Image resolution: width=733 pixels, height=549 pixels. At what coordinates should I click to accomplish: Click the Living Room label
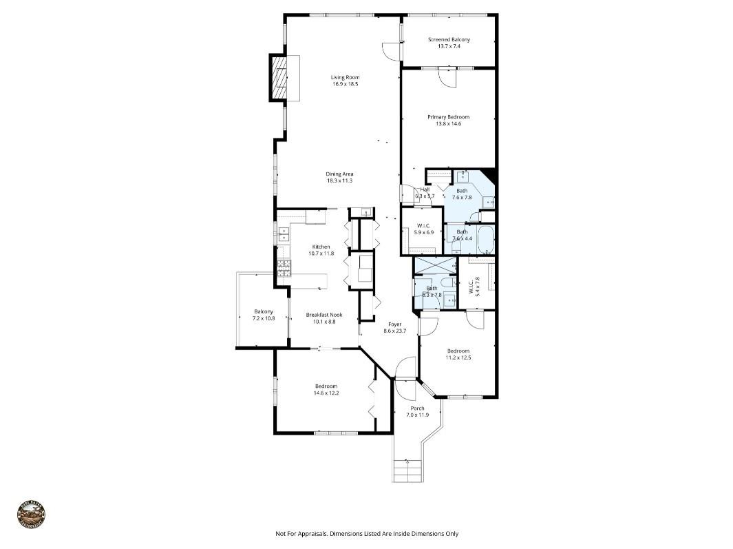pos(345,77)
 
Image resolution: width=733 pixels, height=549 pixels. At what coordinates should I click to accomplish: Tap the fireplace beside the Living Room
pos(280,77)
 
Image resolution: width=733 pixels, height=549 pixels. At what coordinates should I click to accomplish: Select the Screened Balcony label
pos(449,40)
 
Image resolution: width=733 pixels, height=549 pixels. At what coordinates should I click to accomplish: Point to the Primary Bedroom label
pos(448,117)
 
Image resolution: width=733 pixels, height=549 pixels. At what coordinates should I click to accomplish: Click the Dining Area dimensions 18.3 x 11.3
pos(339,180)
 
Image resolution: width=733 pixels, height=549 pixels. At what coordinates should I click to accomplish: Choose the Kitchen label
pos(321,247)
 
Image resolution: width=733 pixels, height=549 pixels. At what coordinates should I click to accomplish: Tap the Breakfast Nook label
pos(323,315)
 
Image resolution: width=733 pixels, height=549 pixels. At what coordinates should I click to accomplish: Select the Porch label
pos(417,408)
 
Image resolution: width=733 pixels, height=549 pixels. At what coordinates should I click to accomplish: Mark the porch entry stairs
pos(407,470)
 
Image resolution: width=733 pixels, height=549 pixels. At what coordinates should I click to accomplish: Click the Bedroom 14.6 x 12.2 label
pos(326,386)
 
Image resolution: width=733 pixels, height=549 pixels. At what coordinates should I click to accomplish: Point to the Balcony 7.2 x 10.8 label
pos(264,311)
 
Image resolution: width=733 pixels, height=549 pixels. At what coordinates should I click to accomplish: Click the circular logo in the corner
pos(31,515)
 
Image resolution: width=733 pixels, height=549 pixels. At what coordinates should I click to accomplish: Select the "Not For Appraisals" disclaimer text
pos(366,533)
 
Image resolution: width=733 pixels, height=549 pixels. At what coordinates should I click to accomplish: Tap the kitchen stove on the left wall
pos(283,267)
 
